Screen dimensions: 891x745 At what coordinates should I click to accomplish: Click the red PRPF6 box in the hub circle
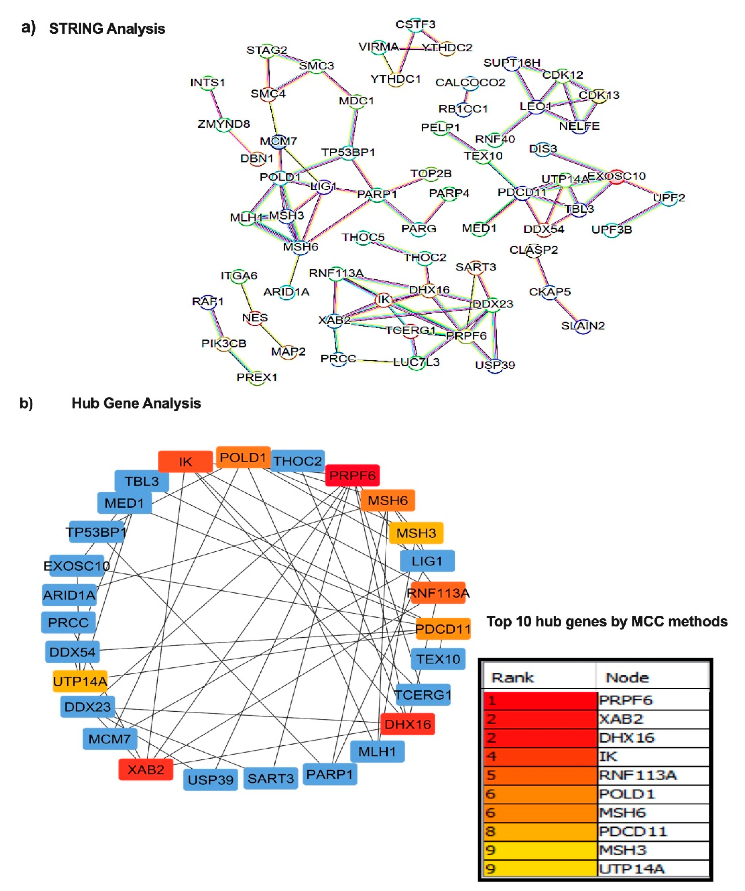[352, 475]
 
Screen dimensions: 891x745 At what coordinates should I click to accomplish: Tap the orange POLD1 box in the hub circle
[243, 457]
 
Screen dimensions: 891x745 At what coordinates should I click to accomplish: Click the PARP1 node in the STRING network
[377, 194]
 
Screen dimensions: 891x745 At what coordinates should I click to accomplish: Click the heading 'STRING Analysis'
[107, 29]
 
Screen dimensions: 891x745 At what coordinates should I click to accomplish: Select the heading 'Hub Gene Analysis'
[136, 403]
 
